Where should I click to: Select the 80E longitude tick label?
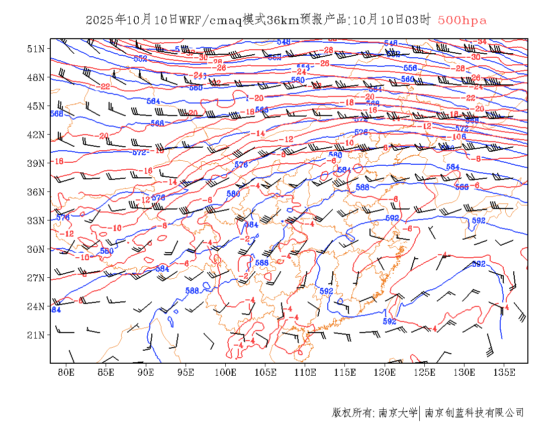coord(66,372)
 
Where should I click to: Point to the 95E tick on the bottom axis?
coord(186,372)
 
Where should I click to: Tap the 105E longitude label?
coord(265,372)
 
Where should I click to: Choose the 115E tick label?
coord(345,372)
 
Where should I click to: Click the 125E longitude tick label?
coord(425,372)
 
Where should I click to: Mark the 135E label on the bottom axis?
coord(504,372)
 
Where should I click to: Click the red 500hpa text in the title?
coord(462,20)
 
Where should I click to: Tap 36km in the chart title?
coord(284,20)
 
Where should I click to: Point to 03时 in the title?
coord(418,20)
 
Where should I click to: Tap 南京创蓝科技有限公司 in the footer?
coord(474,413)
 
